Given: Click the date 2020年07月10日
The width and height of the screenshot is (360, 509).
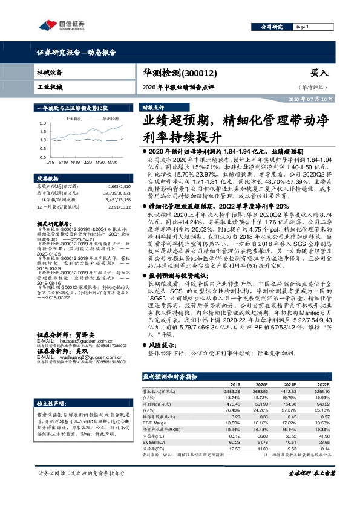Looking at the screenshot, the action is click(x=310, y=98).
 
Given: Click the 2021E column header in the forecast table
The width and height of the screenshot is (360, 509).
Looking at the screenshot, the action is click(x=291, y=384).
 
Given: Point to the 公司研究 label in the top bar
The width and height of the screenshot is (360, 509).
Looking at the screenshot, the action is click(x=271, y=28).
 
